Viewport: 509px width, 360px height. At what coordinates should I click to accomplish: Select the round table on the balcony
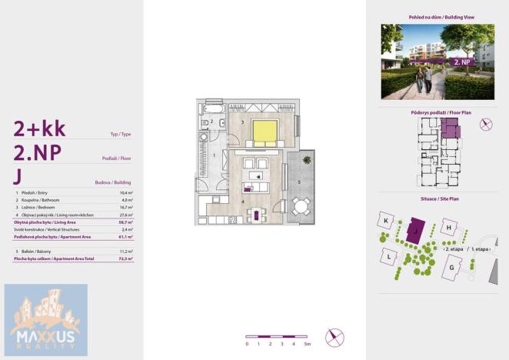click(x=301, y=207)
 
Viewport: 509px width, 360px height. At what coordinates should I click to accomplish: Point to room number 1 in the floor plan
click(x=215, y=155)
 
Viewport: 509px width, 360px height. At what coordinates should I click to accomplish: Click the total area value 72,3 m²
click(x=126, y=259)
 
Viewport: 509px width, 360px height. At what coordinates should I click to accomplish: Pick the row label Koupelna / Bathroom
click(x=42, y=200)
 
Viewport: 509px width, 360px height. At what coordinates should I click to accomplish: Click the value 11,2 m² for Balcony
click(x=126, y=252)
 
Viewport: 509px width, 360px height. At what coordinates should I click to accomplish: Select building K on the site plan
click(x=386, y=221)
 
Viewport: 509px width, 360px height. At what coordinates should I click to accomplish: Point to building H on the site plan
click(x=448, y=227)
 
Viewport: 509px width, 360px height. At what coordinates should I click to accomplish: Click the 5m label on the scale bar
click(x=307, y=344)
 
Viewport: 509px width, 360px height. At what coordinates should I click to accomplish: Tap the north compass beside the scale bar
click(x=334, y=337)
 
